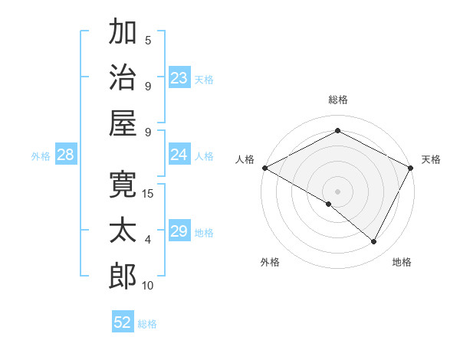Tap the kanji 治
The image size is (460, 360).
[123, 77]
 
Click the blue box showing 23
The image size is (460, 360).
[179, 78]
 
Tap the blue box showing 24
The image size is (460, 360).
[179, 155]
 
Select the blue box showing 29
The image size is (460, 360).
[179, 231]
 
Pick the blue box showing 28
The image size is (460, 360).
[66, 155]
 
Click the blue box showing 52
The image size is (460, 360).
[123, 322]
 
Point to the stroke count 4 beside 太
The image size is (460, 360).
[148, 240]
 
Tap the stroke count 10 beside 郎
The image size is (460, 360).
[148, 286]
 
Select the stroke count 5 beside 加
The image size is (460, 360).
[148, 40]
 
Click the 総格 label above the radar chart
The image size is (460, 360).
[337, 100]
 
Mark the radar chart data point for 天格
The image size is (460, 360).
[411, 167]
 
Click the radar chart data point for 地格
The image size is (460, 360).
[374, 241]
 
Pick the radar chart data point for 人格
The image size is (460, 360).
[264, 167]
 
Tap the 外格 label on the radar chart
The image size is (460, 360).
[270, 262]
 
